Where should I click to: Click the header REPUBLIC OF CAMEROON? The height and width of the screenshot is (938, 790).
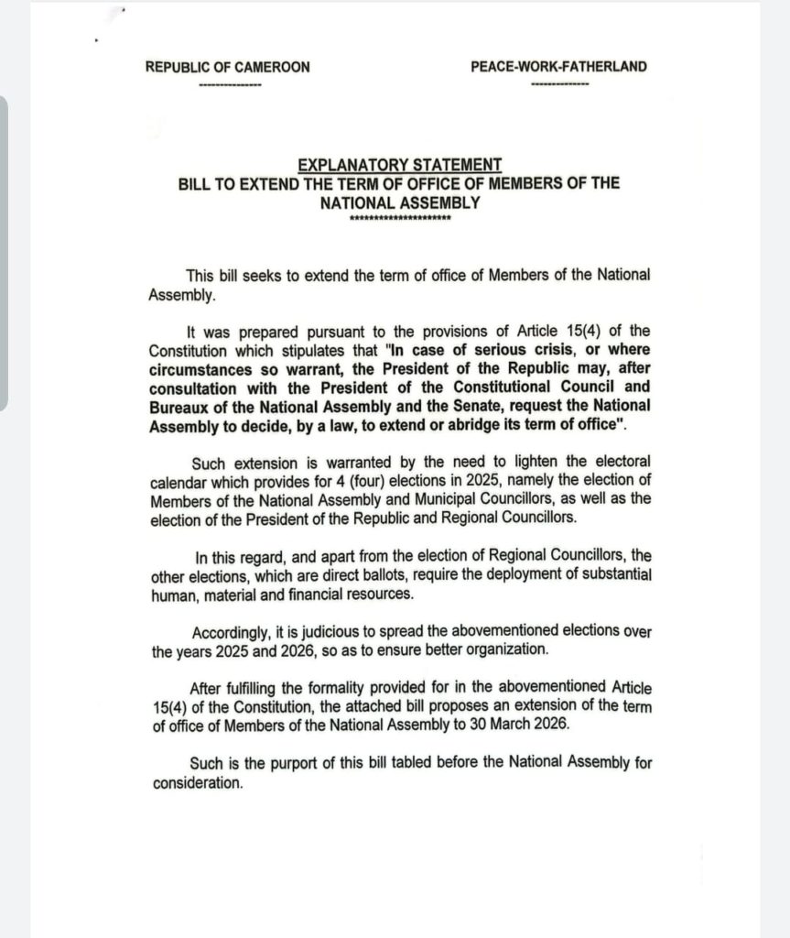(227, 67)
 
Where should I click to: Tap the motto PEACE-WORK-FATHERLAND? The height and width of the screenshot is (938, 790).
(558, 67)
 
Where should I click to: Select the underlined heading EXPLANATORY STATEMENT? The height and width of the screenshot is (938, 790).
(400, 165)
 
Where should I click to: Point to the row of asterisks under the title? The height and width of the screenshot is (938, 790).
(400, 219)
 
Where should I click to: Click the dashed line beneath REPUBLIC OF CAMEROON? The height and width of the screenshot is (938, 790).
(230, 85)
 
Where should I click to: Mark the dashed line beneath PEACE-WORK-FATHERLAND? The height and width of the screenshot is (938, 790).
(559, 85)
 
